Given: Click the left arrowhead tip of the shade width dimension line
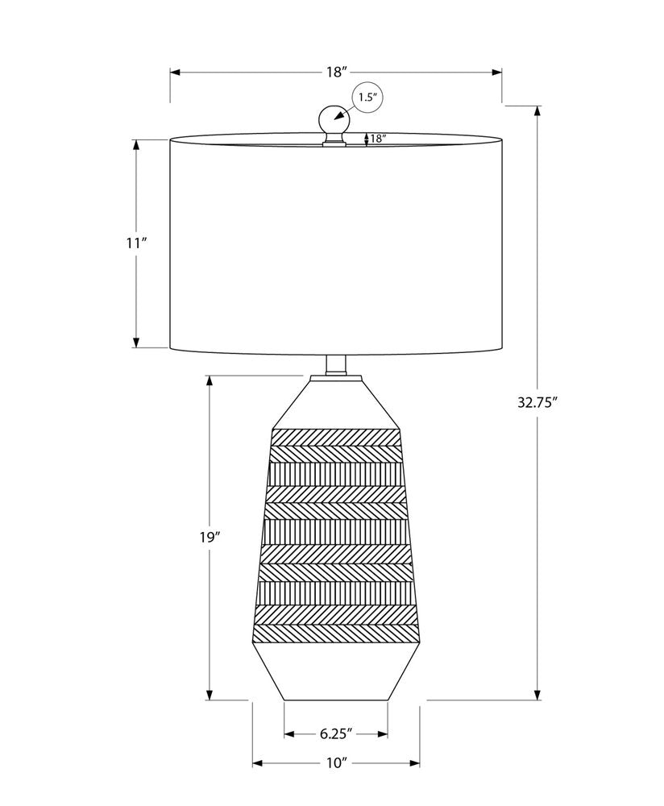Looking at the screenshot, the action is [171, 72].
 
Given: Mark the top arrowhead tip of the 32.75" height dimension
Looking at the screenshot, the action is [537, 106].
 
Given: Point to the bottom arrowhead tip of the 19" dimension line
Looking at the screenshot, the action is [210, 700].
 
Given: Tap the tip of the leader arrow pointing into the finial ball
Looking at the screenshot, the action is [334, 120].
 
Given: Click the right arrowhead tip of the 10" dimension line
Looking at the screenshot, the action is [420, 763].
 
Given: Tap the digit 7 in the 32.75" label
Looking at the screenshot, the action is [537, 403].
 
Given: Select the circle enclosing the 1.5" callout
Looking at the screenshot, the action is [368, 98].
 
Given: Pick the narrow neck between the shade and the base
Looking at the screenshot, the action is [335, 365].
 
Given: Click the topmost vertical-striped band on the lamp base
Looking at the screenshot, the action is [335, 473].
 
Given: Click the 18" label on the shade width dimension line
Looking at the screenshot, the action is [337, 72].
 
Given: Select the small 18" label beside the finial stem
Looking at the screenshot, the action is [378, 139].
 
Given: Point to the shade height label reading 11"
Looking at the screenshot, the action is [137, 243].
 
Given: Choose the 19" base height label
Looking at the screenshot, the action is [210, 538].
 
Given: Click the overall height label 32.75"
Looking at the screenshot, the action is [537, 403].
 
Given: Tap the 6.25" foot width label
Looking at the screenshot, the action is [335, 733].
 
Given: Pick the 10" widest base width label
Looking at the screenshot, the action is [337, 763].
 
